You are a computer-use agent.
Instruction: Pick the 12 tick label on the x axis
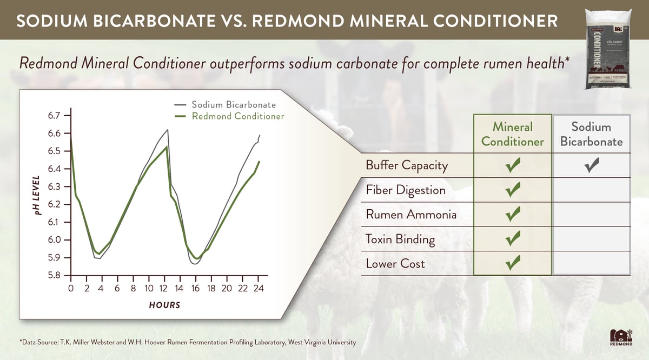point(164,289)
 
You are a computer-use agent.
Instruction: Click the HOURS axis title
point(164,305)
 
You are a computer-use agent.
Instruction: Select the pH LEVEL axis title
point(36,196)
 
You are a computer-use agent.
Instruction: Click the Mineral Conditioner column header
point(512,134)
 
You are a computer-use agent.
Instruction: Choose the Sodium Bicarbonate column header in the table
point(591,134)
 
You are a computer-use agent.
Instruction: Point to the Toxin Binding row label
point(400,239)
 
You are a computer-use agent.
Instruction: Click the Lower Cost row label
point(395,264)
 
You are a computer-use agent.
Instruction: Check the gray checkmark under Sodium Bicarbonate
point(593,165)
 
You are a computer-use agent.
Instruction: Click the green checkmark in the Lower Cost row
point(512,264)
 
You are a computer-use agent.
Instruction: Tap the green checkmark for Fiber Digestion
point(512,190)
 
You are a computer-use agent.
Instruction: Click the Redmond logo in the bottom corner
point(620,337)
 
